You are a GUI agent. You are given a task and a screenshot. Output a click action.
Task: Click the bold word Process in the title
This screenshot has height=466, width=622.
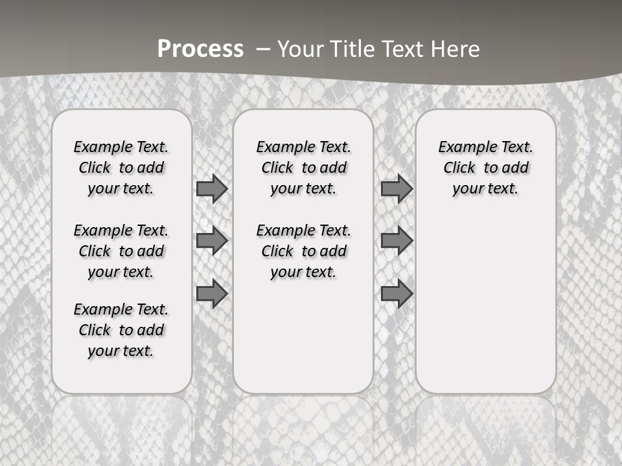point(200,49)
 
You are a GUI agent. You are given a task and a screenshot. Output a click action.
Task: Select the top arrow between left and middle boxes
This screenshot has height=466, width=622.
point(212,189)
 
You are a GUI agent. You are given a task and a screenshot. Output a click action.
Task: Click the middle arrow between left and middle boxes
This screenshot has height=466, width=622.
point(212,241)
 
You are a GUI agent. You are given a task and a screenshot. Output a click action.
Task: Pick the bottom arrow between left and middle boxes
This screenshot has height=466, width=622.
point(212,293)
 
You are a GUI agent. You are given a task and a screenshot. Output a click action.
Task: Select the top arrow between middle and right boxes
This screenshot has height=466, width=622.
point(397,189)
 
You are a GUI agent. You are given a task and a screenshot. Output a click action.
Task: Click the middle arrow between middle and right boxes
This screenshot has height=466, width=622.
point(397,241)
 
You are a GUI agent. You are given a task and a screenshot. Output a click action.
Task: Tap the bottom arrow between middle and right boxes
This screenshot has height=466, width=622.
point(397,293)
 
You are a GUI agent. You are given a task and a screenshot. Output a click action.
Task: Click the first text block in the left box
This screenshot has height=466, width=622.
point(121,168)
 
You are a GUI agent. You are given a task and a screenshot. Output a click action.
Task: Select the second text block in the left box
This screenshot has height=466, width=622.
point(121,251)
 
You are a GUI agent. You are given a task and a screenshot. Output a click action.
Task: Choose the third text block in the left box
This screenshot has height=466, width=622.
point(121,330)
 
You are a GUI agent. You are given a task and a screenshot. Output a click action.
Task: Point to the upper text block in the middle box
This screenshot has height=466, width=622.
point(303,168)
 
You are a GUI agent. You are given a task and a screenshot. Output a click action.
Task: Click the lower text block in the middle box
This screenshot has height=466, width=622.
point(303,251)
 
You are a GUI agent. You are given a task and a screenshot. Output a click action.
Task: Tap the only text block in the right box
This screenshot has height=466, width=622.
point(485,168)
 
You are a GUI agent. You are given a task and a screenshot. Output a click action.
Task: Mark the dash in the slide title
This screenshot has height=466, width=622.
point(264,49)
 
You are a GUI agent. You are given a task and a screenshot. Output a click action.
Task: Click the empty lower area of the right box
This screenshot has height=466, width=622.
point(485,311)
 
